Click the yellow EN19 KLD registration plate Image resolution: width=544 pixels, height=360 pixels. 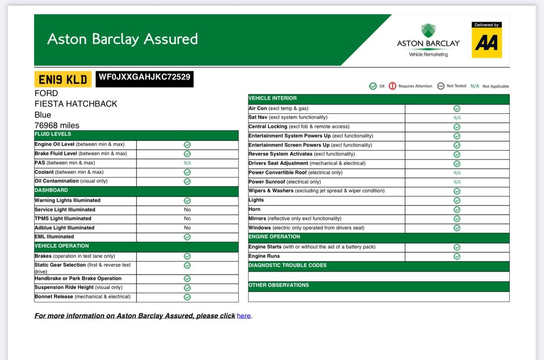pos(62,79)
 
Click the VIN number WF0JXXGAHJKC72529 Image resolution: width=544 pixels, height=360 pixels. pos(144,77)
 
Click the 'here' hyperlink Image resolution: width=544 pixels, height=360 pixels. pos(244,316)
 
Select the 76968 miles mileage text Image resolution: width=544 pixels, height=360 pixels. pos(57,125)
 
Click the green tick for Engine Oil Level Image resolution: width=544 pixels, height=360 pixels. pos(187,145)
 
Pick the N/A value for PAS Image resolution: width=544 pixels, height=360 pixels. pos(187,163)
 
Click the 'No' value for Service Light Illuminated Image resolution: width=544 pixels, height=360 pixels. pos(187,210)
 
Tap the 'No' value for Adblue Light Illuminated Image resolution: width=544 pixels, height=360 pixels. pos(187,228)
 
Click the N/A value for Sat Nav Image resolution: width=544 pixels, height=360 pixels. pos(457,118)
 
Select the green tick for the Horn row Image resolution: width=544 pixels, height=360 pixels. pos(457,210)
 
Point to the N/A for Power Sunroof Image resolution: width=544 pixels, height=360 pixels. pos(457,182)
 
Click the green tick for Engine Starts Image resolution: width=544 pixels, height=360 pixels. pos(457,247)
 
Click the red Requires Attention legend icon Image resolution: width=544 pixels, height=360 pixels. pos(392,86)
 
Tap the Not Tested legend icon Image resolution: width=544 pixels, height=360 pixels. pos(441,86)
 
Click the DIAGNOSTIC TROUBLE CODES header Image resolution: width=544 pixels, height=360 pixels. pos(288,265)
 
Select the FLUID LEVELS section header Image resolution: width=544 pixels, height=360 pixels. pos(53,134)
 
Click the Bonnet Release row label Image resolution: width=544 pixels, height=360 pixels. pos(82,297)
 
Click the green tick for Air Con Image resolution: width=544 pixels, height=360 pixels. pos(457,108)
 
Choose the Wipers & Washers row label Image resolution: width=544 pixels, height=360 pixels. pos(316,191)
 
